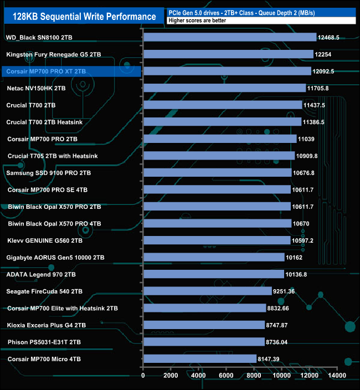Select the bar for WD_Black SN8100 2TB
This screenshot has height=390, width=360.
230,37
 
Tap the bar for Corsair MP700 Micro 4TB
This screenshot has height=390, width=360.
200,359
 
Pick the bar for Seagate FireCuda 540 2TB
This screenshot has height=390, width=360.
208,291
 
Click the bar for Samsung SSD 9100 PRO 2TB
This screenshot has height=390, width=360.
218,173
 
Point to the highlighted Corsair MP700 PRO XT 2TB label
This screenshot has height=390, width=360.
46,71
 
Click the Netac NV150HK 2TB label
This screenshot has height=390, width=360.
37,88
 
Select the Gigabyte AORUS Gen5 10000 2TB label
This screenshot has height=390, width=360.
55,258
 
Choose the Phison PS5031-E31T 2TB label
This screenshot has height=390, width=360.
44,342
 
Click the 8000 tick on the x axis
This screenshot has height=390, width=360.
254,376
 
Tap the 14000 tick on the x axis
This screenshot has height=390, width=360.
337,376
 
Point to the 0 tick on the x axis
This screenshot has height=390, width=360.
143,376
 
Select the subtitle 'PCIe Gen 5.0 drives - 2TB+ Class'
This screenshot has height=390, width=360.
216,12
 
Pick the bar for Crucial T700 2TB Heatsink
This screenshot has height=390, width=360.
223,122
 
